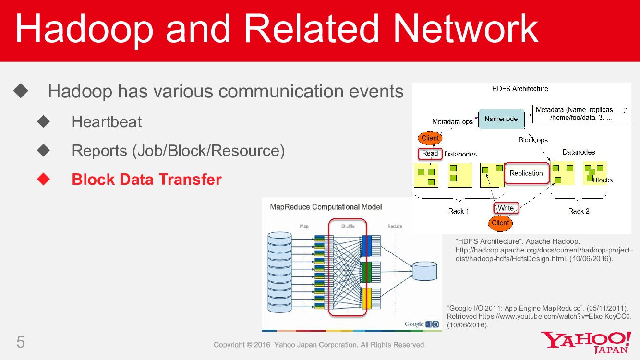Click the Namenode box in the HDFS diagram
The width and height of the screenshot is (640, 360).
point(501,119)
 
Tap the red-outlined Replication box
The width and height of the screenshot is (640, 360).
point(526,173)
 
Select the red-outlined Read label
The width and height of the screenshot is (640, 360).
point(430,154)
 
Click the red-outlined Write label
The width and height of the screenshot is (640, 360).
point(506,208)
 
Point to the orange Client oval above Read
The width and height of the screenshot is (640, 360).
point(430,138)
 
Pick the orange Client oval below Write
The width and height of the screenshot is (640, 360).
point(500,223)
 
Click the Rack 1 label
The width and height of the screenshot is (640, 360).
point(459,211)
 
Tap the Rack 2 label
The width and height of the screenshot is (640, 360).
point(579,211)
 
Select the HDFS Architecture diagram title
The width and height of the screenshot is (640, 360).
point(520,89)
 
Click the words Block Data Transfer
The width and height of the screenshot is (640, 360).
point(146,180)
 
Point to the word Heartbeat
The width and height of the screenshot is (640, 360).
point(107,122)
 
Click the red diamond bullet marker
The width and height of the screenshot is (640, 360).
point(44,179)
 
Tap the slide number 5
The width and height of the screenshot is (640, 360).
point(21,342)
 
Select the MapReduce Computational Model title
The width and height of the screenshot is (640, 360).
point(326,207)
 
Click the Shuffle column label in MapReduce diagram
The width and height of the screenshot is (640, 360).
point(348,226)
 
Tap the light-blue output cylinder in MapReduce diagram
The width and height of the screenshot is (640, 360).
point(425,271)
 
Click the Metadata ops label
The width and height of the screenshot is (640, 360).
point(452,122)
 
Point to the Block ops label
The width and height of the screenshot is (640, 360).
point(533,140)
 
